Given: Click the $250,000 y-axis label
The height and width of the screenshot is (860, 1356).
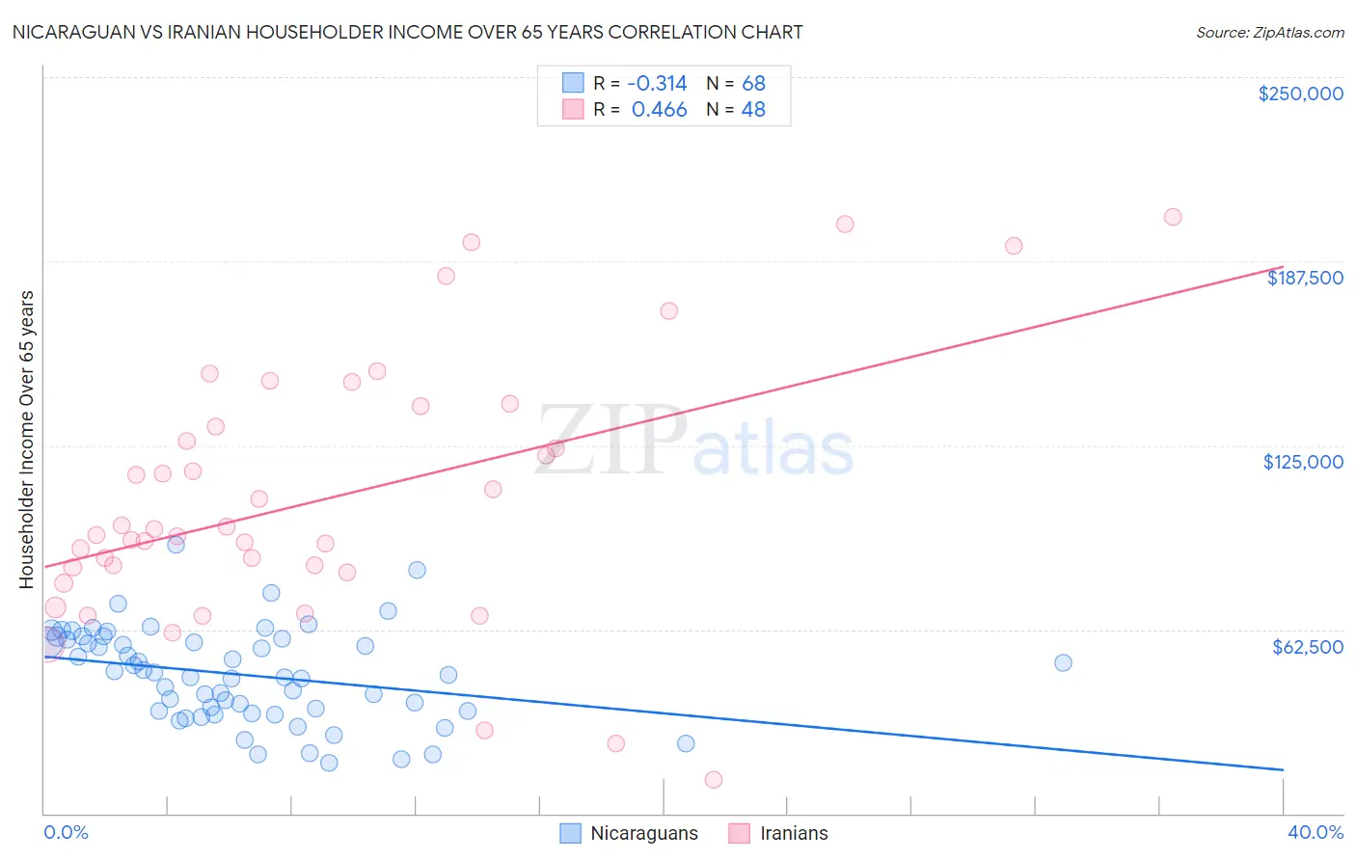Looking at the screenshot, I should click(1300, 94).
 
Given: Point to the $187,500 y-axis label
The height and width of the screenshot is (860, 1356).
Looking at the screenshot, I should click(1304, 278).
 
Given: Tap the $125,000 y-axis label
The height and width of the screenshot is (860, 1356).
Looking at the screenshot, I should click(1303, 462).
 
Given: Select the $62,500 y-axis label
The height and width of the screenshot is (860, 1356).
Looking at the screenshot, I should click(1307, 647).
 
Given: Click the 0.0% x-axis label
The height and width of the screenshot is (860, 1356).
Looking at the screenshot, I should click(66, 832).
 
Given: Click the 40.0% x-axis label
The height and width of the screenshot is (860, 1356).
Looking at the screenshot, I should click(1315, 832).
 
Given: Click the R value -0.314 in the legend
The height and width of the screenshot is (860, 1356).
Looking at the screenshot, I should click(657, 84).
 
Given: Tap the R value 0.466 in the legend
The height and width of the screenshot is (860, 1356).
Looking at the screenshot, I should click(659, 110).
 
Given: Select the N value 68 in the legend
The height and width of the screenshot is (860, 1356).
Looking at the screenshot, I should click(753, 84).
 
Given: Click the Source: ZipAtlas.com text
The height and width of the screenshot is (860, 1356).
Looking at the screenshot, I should click(1269, 32).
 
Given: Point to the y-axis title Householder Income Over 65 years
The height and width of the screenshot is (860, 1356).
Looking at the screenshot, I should click(27, 439).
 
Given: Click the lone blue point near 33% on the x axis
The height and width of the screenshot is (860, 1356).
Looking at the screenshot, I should click(1063, 662).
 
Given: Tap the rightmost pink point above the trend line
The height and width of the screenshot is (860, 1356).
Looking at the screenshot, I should click(1173, 217).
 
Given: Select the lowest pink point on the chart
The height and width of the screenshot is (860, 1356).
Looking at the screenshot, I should click(714, 780).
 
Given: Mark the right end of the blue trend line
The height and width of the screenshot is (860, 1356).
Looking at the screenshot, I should click(1283, 769).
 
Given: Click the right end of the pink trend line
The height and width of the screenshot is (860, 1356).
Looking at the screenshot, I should click(1283, 267).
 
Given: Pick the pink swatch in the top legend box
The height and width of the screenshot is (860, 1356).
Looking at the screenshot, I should click(573, 109).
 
